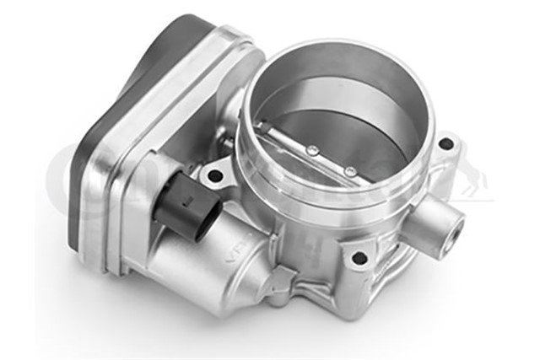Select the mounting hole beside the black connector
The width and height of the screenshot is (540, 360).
click(212, 177)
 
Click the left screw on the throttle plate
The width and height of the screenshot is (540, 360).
click(312, 151)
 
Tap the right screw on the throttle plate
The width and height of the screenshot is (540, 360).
click(349, 171)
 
